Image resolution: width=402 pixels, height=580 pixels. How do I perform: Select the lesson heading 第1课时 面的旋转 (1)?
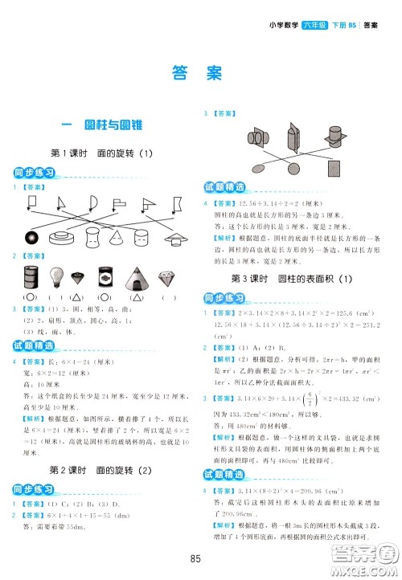pos(101,153)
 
